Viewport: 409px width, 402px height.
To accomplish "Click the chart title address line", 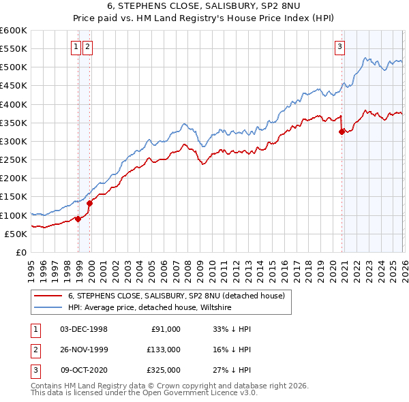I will (204, 5).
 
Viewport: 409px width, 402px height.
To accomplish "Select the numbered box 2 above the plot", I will (89, 47).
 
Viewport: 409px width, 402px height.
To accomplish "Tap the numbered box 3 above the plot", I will (339, 47).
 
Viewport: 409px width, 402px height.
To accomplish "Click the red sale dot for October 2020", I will (342, 132).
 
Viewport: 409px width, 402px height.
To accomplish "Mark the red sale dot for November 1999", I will (90, 203).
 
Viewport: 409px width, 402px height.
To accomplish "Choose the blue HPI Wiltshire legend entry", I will (150, 308).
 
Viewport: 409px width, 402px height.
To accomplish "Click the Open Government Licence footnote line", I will (145, 393).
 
